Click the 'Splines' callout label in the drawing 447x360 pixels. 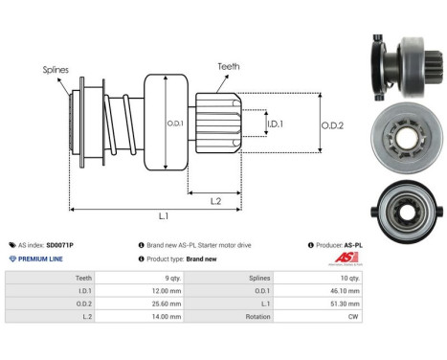click(x=56, y=70)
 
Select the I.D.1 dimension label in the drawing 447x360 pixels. click(x=273, y=124)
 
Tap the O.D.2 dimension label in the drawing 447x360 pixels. click(x=332, y=122)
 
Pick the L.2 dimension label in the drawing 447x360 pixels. click(x=216, y=200)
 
